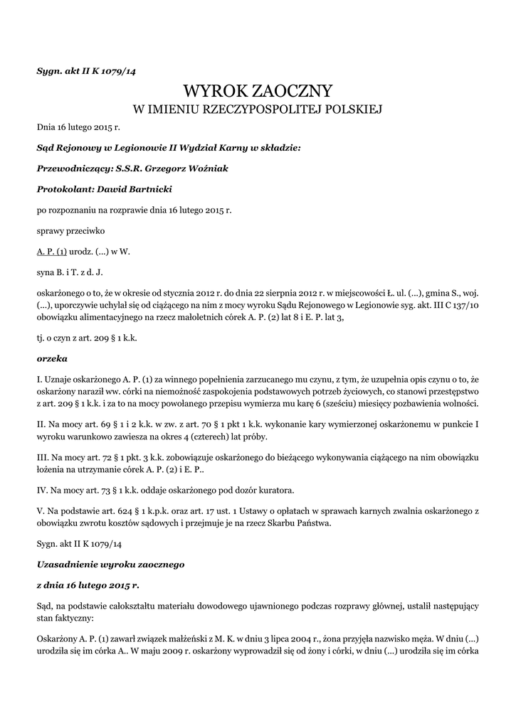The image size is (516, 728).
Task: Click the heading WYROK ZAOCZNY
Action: [258, 90]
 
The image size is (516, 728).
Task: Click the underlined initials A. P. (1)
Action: [52, 252]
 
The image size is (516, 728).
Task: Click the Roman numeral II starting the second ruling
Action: [41, 425]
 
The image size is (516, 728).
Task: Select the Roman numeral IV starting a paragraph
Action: [42, 490]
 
